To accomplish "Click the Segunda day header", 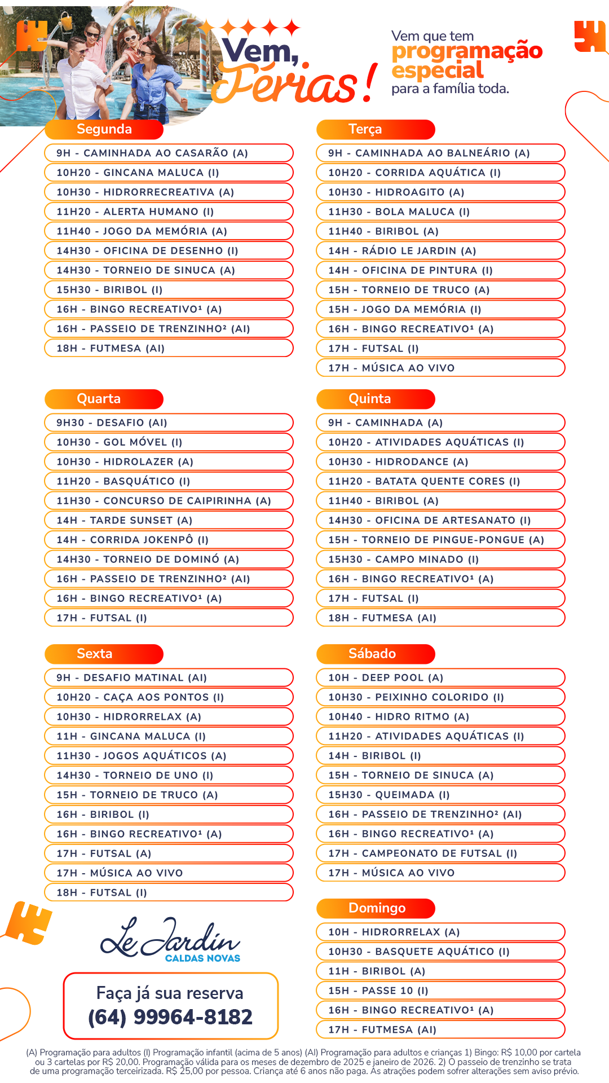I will (104, 129).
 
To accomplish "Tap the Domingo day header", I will (377, 908).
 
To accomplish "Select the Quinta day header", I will (369, 399).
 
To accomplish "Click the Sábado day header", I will (372, 654).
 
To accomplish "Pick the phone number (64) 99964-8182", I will (170, 1017).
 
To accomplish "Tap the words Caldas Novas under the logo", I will (202, 958).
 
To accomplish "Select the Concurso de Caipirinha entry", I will (164, 501).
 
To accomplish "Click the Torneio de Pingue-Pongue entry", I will (436, 540).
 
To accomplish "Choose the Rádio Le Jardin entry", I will (402, 251).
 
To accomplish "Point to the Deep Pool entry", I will (386, 678).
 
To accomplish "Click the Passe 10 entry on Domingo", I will (378, 991).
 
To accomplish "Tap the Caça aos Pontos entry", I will (140, 698).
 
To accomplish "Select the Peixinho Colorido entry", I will (416, 698).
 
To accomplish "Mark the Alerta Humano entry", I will (135, 212).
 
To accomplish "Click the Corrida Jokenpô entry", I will (133, 540).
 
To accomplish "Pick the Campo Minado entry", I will (404, 560).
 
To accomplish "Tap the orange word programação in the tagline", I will (467, 51).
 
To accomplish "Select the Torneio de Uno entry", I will (135, 776).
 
